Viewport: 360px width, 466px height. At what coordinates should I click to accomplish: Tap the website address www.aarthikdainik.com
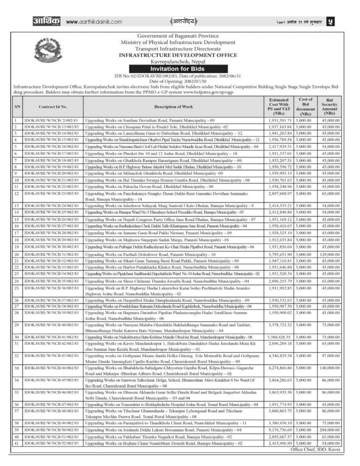pos(88,21)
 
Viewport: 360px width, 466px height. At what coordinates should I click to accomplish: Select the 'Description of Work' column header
pos(173,107)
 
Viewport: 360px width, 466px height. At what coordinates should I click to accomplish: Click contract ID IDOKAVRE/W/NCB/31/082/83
pos(52,254)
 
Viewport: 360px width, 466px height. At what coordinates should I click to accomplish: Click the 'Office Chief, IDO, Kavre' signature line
pos(315,449)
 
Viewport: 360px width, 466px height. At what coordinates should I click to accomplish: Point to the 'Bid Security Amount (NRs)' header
pos(329,107)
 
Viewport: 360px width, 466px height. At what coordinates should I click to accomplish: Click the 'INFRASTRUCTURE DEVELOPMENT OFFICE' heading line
pos(178,55)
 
